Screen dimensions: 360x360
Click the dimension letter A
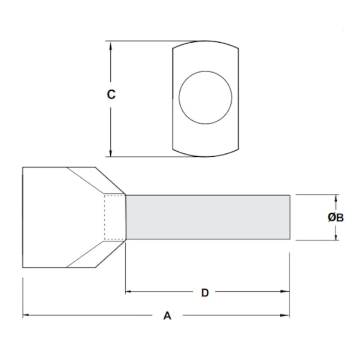pyautogui.click(x=167, y=316)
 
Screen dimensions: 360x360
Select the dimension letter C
pyautogui.click(x=111, y=95)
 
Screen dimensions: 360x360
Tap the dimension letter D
pyautogui.click(x=204, y=292)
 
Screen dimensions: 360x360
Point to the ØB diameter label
pyautogui.click(x=336, y=218)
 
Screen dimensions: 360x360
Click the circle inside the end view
pyautogui.click(x=205, y=97)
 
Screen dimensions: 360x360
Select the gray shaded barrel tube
pyautogui.click(x=208, y=218)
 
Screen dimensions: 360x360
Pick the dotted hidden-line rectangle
pyautogui.click(x=115, y=218)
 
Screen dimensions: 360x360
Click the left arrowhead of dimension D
pyautogui.click(x=130, y=291)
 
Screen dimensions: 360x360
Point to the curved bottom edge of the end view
pyautogui.click(x=205, y=155)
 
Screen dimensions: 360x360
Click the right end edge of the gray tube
pyautogui.click(x=290, y=218)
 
